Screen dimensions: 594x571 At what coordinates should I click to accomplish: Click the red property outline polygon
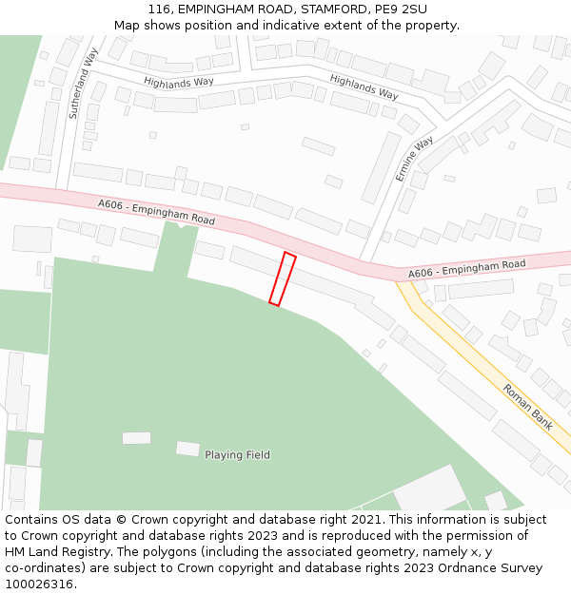point(283,278)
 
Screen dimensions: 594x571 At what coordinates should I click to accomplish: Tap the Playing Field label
point(237,455)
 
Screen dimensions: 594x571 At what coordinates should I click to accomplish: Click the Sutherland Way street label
point(84,83)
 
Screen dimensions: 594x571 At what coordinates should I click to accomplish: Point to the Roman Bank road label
point(528,407)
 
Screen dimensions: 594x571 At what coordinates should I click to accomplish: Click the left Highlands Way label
point(179,83)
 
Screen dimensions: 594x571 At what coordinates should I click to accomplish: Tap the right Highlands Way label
point(364,86)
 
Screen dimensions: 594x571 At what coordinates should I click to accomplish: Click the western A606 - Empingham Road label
point(156,212)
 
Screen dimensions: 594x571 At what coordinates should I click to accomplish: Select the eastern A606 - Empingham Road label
point(466,269)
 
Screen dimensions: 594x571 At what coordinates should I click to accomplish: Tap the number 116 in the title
point(159,10)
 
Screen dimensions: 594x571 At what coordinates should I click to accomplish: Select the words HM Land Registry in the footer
point(55,552)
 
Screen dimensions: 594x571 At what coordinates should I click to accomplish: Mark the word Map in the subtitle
point(127,26)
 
